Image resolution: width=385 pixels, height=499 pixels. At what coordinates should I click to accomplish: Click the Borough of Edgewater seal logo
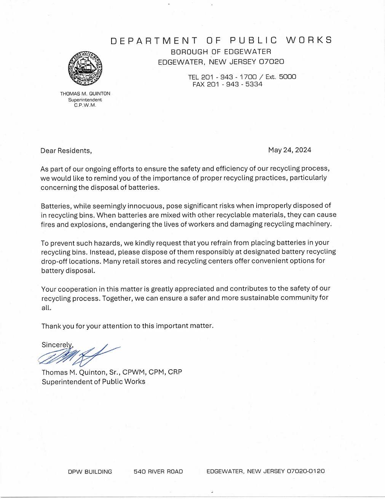pos(85,68)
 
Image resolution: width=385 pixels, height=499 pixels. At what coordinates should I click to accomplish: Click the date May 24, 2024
pos(289,150)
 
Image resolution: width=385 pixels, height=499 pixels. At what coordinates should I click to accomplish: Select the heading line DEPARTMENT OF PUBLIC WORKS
pos(221,40)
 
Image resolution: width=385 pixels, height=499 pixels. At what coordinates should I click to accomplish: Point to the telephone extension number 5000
pos(287,77)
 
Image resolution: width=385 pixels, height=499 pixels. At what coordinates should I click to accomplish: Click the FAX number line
pos(227,84)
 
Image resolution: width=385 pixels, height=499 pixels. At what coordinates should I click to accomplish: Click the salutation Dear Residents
pos(66,151)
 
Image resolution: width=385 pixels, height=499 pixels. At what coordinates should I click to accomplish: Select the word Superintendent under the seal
pos(85,100)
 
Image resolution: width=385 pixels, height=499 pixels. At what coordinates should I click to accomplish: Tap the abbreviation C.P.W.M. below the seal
pos(85,105)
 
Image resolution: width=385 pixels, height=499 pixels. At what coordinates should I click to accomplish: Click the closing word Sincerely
pos(56,345)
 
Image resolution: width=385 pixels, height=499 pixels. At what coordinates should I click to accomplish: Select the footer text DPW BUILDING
pos(90,472)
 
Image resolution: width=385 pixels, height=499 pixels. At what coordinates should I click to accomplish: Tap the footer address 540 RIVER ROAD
pos(158,472)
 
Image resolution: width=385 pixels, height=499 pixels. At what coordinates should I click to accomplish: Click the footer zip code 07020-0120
pos(305,471)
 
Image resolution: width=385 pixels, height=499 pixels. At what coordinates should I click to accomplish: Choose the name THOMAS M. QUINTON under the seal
pos(85,94)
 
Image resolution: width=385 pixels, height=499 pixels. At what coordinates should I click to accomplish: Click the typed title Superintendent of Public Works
pos(93,381)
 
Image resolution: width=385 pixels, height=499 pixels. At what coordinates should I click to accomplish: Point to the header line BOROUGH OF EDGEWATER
pos(221,52)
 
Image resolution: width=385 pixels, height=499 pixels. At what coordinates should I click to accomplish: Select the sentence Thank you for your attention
pos(127,326)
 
